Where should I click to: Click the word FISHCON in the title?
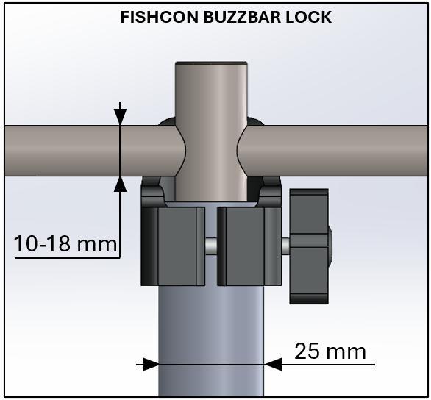156,16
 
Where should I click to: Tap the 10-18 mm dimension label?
65,243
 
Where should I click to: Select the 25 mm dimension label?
330,351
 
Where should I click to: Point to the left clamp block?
174,246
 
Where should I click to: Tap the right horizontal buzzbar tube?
338,149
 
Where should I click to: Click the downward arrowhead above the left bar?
120,116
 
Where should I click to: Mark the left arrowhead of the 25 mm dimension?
150,363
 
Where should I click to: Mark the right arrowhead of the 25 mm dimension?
272,363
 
